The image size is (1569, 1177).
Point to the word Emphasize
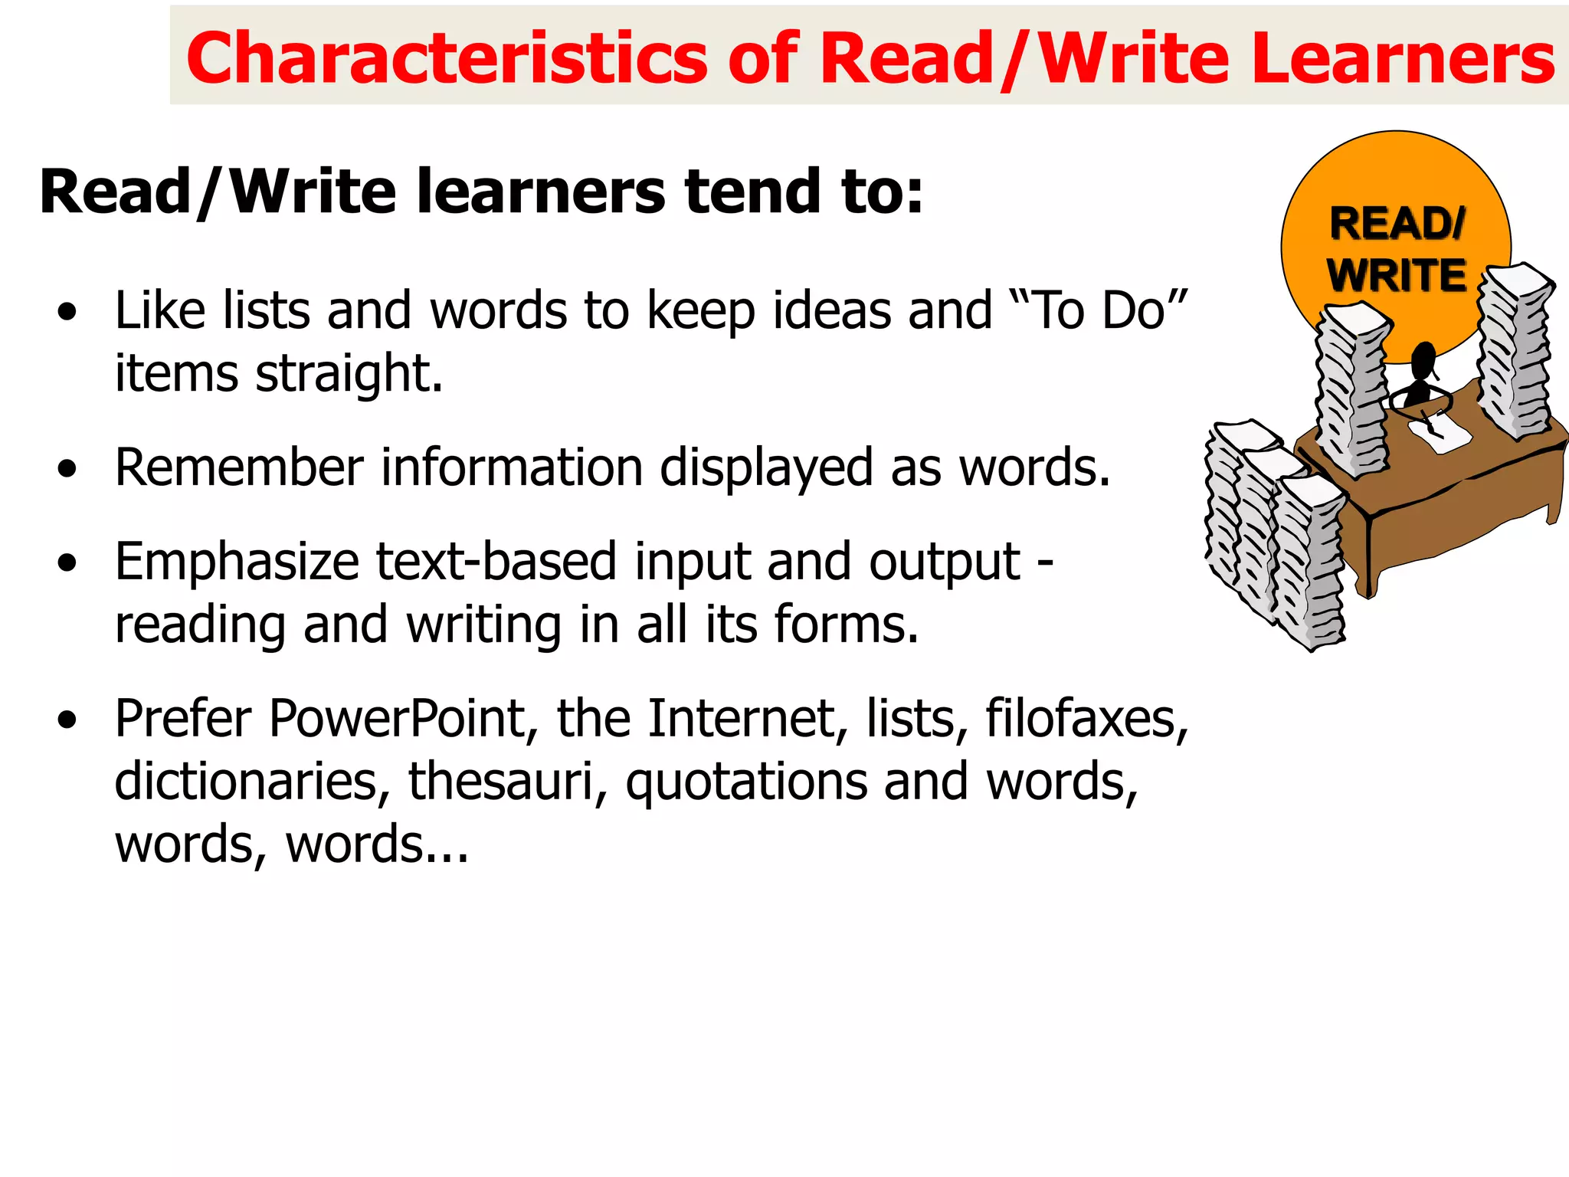[x=236, y=562]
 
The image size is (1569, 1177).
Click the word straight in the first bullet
[x=349, y=374]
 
